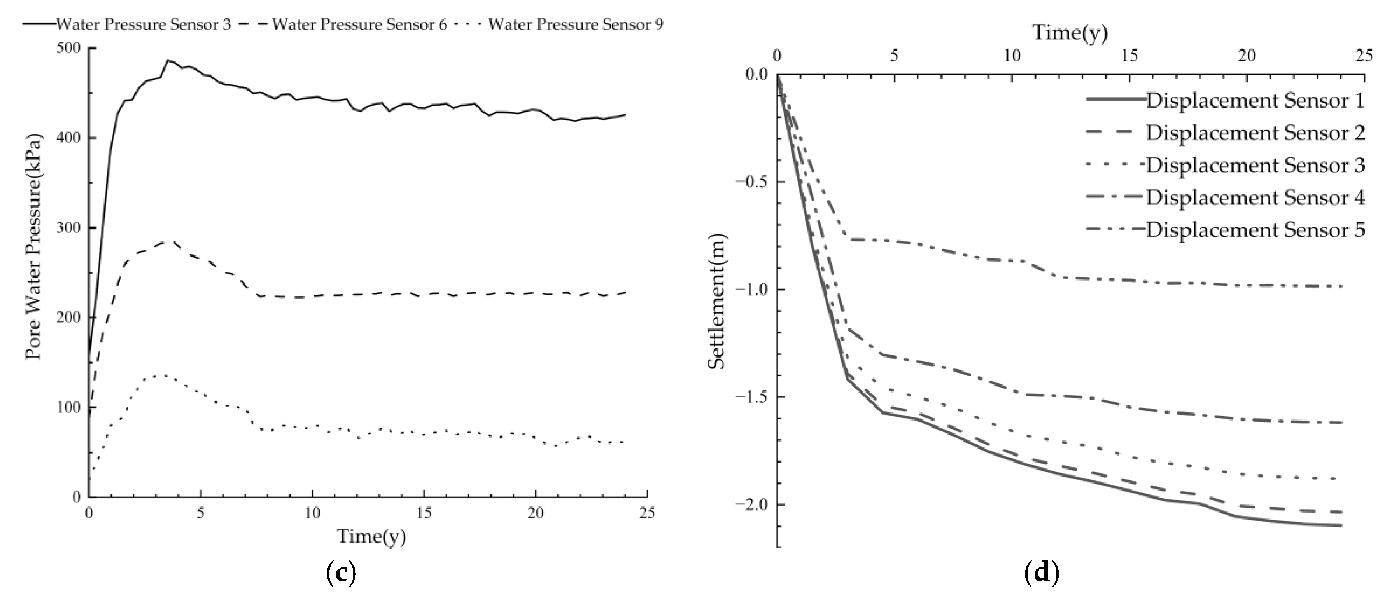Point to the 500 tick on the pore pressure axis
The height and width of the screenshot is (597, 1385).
click(x=68, y=48)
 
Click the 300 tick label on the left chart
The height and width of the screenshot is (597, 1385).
click(x=68, y=228)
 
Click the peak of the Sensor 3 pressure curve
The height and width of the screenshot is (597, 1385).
click(x=168, y=60)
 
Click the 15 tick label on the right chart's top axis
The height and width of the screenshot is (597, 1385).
click(x=1129, y=56)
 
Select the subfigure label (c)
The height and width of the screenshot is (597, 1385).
click(x=341, y=574)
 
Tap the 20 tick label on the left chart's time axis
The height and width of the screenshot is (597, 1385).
click(x=536, y=513)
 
